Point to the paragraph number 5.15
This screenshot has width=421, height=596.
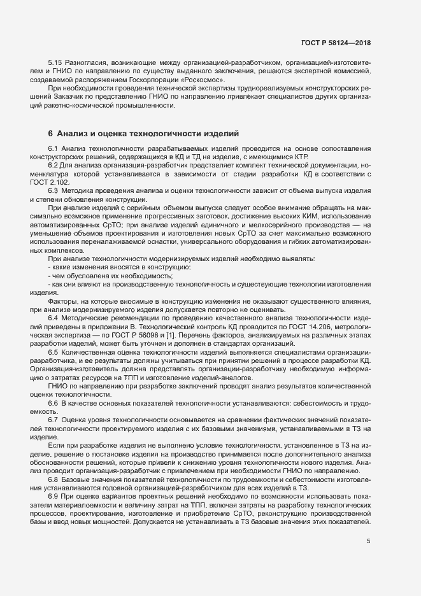pos(57,64)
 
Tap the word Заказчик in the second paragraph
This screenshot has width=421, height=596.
pos(63,97)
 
